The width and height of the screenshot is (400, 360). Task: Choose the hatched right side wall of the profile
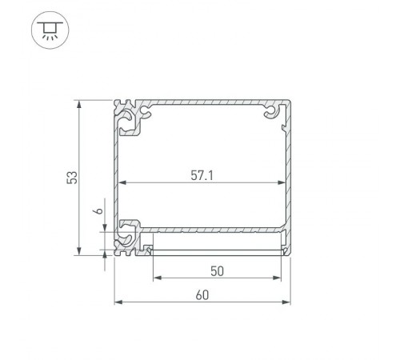coord(287,176)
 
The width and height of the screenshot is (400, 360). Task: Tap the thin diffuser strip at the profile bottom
coord(218,250)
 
